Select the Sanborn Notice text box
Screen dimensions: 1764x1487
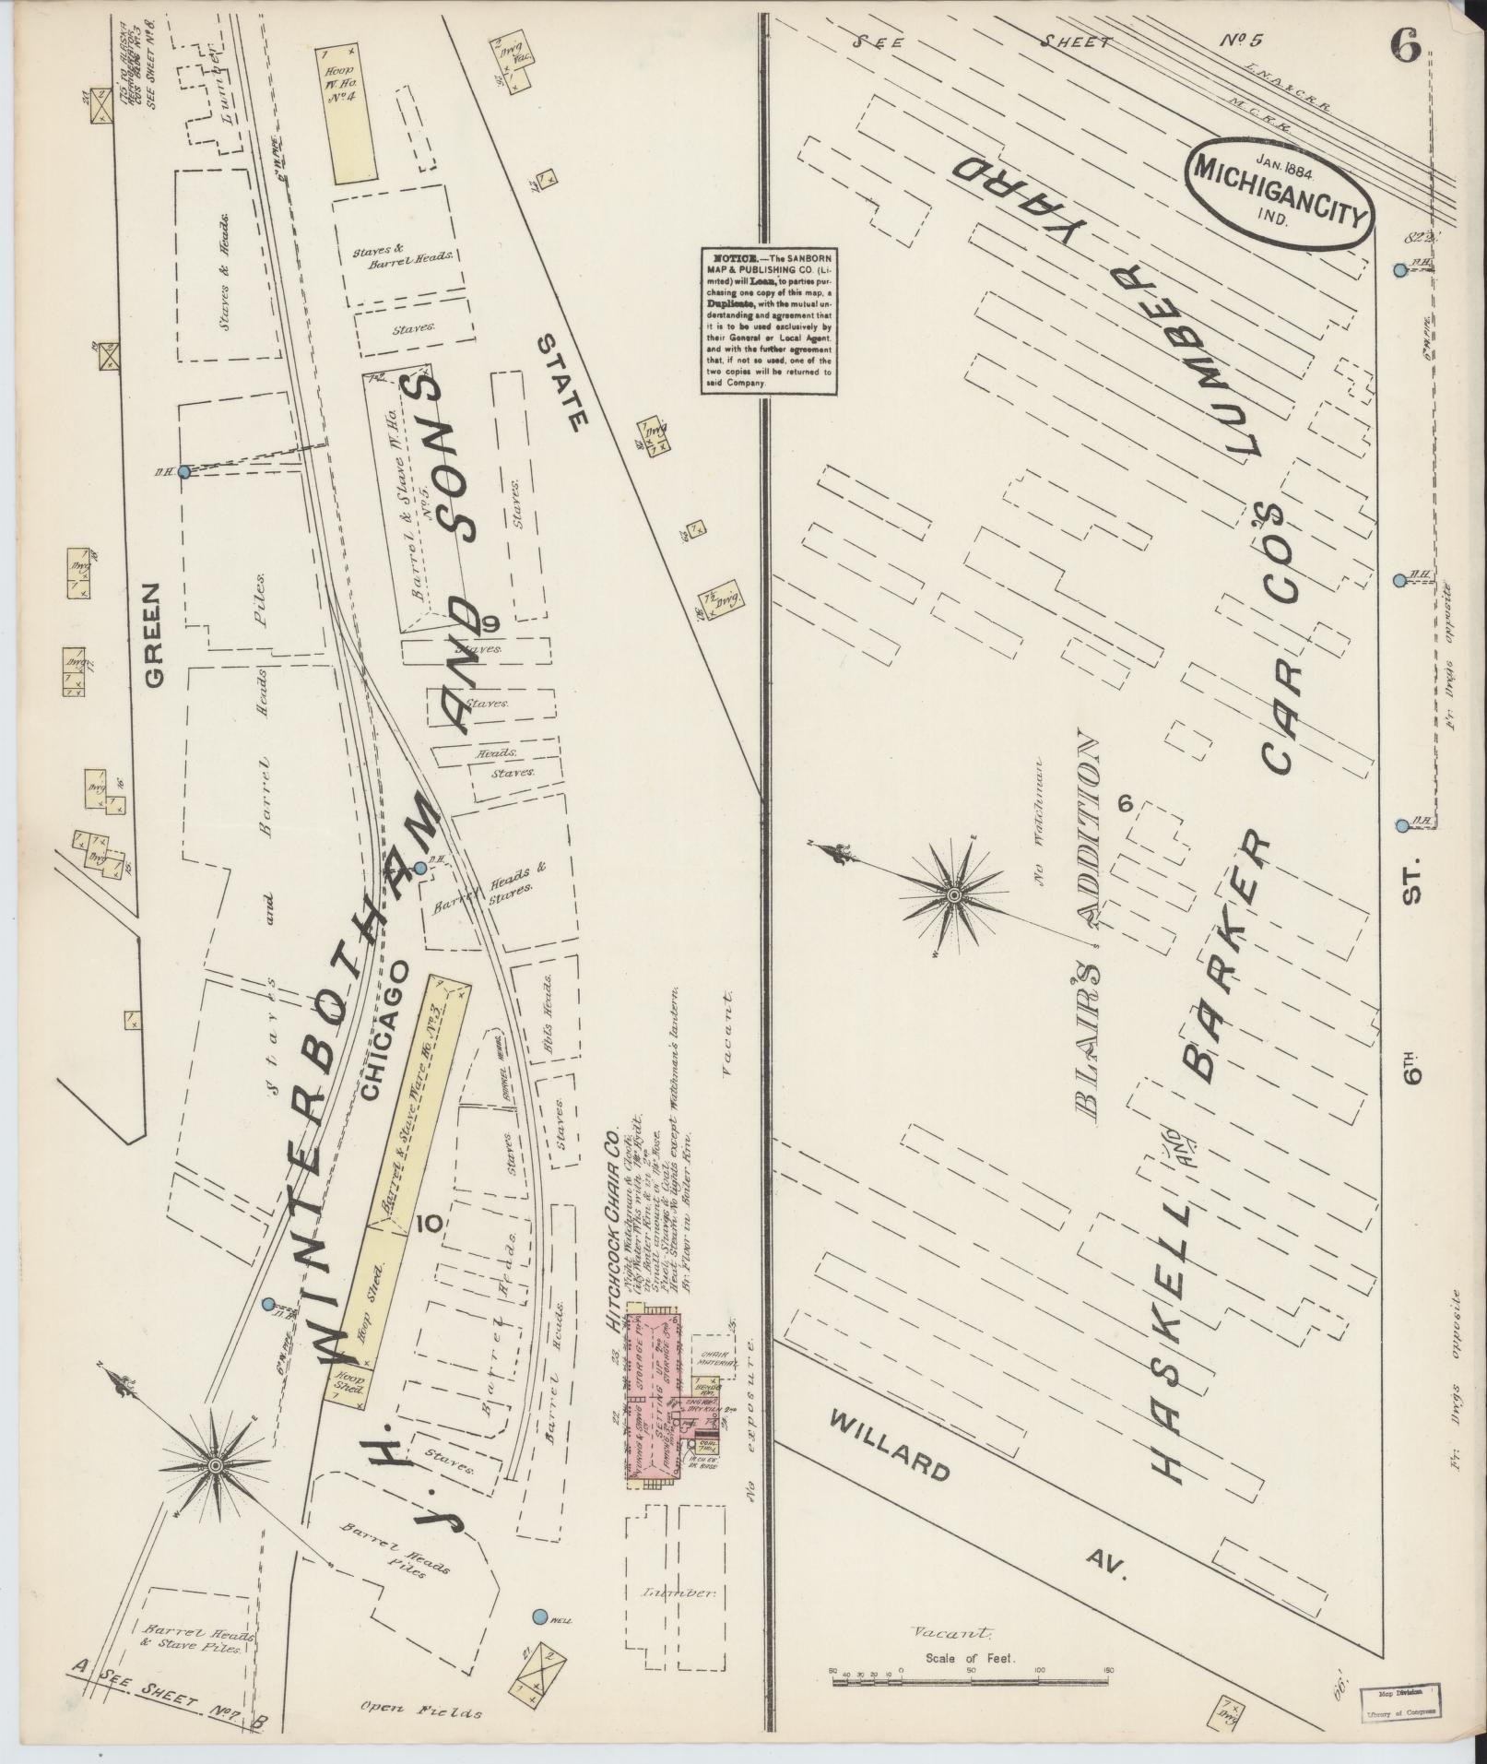coord(769,321)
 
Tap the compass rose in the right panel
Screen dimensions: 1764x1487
coord(955,893)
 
